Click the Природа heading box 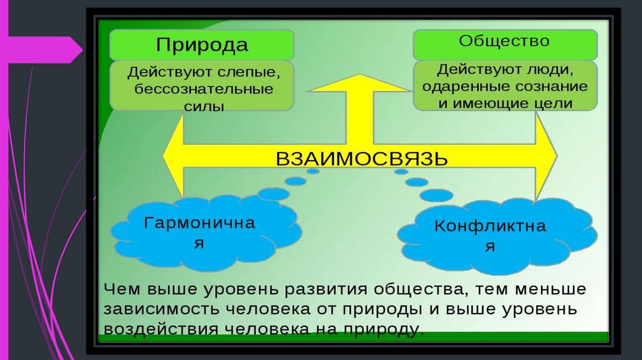202,45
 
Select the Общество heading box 504,43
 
